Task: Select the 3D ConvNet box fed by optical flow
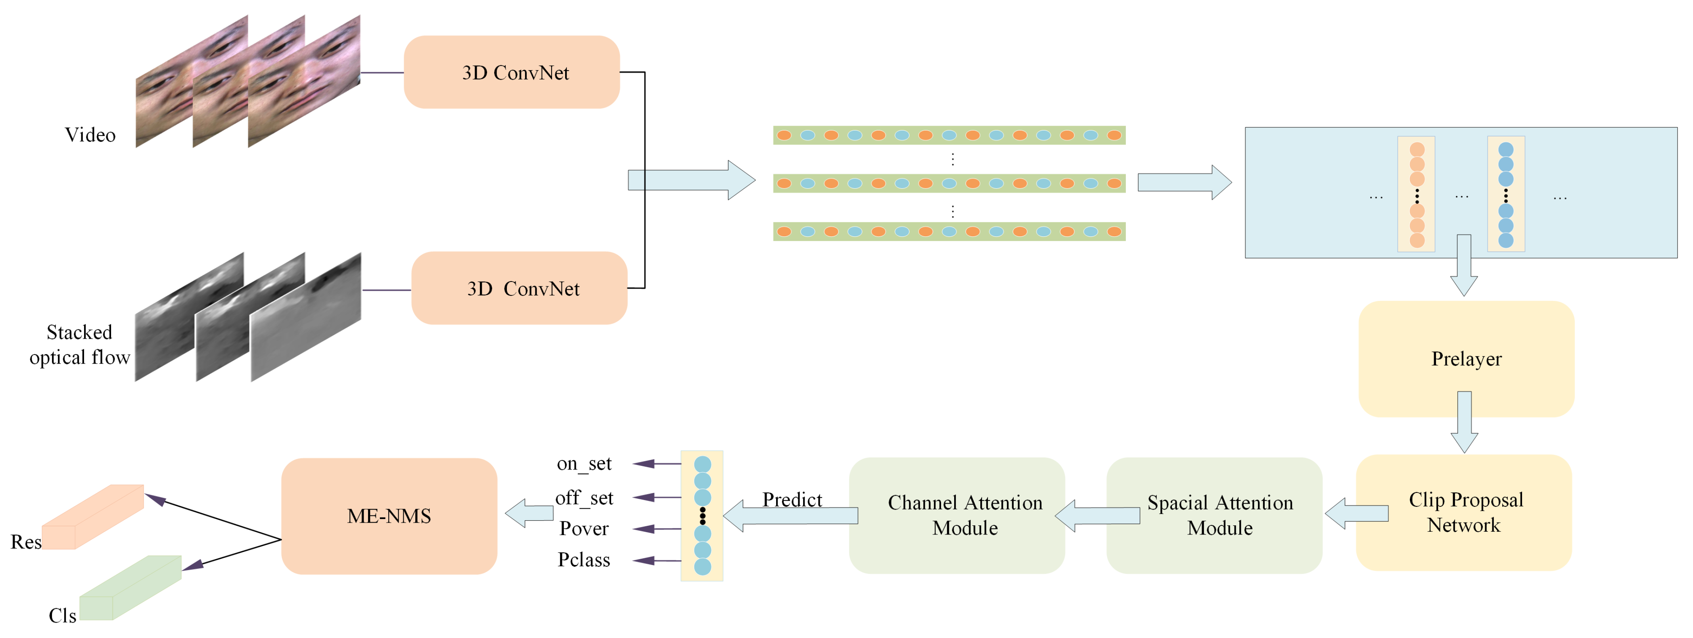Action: point(519,288)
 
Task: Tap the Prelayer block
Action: point(1466,359)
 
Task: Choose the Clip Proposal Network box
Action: point(1464,513)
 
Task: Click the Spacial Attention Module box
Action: point(1214,515)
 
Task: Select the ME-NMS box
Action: point(389,516)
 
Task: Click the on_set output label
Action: point(584,464)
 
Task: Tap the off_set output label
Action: point(584,497)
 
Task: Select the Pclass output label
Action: point(584,560)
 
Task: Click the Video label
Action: point(90,135)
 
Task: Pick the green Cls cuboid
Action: point(130,588)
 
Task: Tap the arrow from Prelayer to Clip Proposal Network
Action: point(1464,422)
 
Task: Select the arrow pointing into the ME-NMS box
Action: point(529,513)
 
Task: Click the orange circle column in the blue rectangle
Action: point(1417,194)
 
